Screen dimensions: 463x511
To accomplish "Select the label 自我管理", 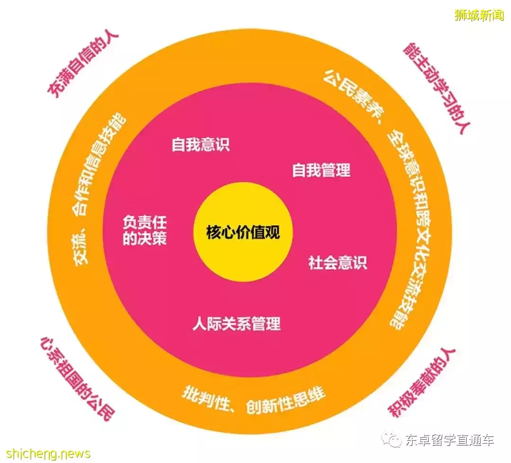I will click(x=321, y=170).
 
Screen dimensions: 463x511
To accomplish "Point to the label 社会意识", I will click(x=338, y=263).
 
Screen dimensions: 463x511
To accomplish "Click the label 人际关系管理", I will click(x=237, y=324).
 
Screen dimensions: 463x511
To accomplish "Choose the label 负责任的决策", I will click(x=145, y=231).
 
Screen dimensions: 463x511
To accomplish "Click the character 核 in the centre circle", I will click(x=213, y=233).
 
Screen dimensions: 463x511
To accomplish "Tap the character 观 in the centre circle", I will click(x=273, y=233).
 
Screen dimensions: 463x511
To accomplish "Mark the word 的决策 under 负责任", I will click(x=145, y=239).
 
